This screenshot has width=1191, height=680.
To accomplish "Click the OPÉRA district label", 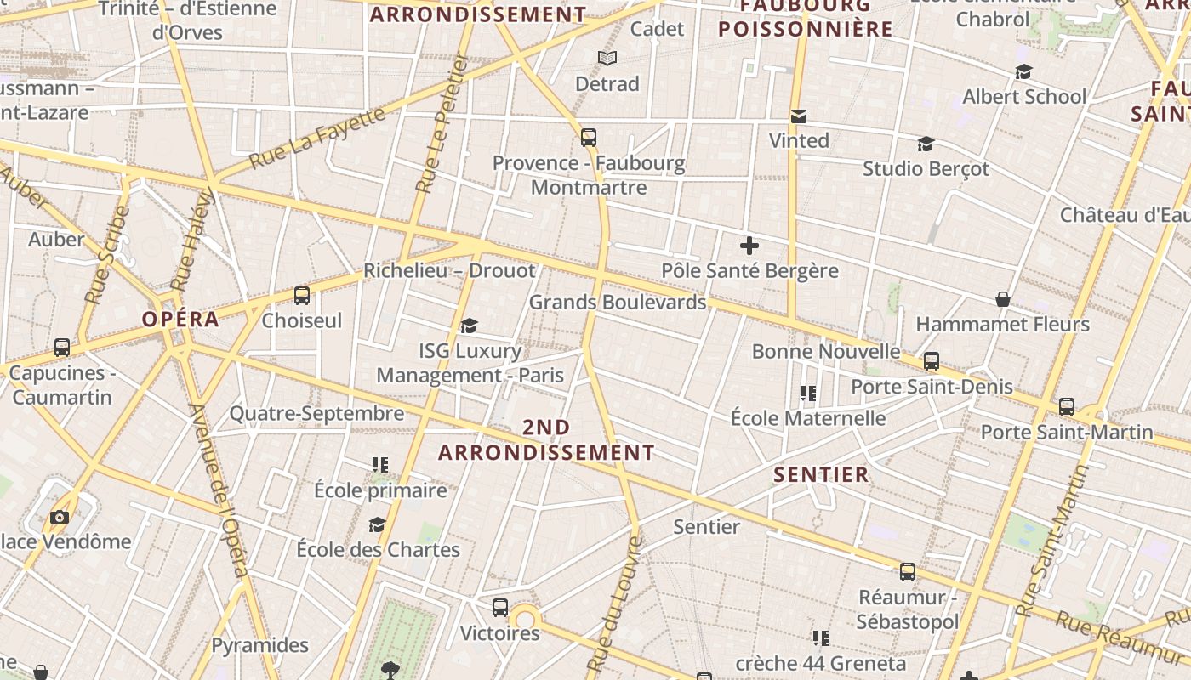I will tap(180, 320).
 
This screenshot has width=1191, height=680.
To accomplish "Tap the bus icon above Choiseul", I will tap(301, 296).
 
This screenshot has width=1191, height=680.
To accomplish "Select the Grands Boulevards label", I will tap(618, 302).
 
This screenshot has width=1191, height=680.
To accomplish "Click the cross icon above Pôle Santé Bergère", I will tap(749, 246).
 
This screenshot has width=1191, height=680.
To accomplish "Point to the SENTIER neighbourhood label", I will tap(821, 474).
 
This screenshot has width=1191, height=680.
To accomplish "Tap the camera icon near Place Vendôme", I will tap(59, 517).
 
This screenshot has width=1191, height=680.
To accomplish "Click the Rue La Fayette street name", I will tap(316, 138).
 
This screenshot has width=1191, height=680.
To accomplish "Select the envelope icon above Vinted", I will tap(798, 116).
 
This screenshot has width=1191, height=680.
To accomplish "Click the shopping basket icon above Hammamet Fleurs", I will tap(1003, 299).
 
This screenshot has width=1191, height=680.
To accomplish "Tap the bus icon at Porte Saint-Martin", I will tap(1067, 407).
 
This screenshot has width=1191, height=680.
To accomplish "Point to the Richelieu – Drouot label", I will tap(449, 270).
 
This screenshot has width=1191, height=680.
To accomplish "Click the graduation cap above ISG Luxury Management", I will tap(469, 326).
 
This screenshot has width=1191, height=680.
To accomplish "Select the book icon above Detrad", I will tap(607, 58).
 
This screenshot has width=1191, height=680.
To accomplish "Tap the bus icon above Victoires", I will tap(500, 608).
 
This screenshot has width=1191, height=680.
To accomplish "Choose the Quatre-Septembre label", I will tap(316, 414).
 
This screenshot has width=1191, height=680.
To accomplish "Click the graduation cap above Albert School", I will tap(1023, 72).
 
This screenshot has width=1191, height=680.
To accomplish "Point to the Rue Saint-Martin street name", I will tap(1053, 541).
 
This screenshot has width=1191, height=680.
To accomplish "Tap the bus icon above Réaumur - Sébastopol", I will tap(908, 572).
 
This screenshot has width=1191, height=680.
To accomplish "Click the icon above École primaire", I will tap(379, 465).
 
